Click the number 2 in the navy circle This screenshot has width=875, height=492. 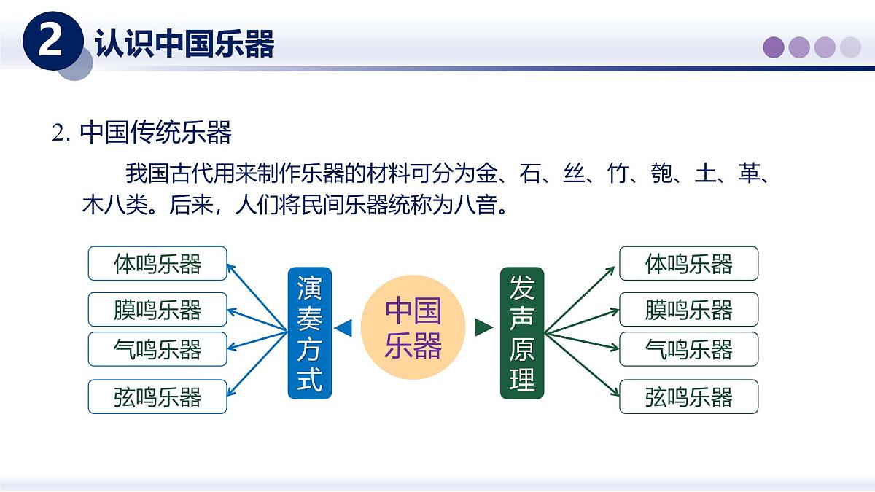(x=50, y=44)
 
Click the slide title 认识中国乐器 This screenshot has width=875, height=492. (x=184, y=44)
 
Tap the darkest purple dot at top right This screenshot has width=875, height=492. (x=774, y=47)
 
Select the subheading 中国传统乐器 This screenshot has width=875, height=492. (x=155, y=133)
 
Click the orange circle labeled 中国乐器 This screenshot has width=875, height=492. (x=413, y=327)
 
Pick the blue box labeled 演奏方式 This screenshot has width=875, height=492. (x=309, y=333)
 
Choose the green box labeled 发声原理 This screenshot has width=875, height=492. (x=522, y=333)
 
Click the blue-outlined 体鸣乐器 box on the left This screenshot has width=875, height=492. (x=157, y=263)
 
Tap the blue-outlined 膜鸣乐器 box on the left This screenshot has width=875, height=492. (x=157, y=309)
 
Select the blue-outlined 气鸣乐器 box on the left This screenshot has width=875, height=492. (x=157, y=349)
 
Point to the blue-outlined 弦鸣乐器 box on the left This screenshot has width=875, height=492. (x=157, y=397)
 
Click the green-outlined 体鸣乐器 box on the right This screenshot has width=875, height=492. (x=688, y=263)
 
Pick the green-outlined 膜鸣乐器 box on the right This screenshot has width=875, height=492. (x=688, y=309)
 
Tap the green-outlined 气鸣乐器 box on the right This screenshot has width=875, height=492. (x=688, y=349)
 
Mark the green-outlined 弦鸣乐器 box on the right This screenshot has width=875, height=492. (x=688, y=397)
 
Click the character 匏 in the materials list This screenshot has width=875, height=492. (x=661, y=175)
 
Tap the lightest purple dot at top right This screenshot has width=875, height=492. (x=850, y=47)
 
